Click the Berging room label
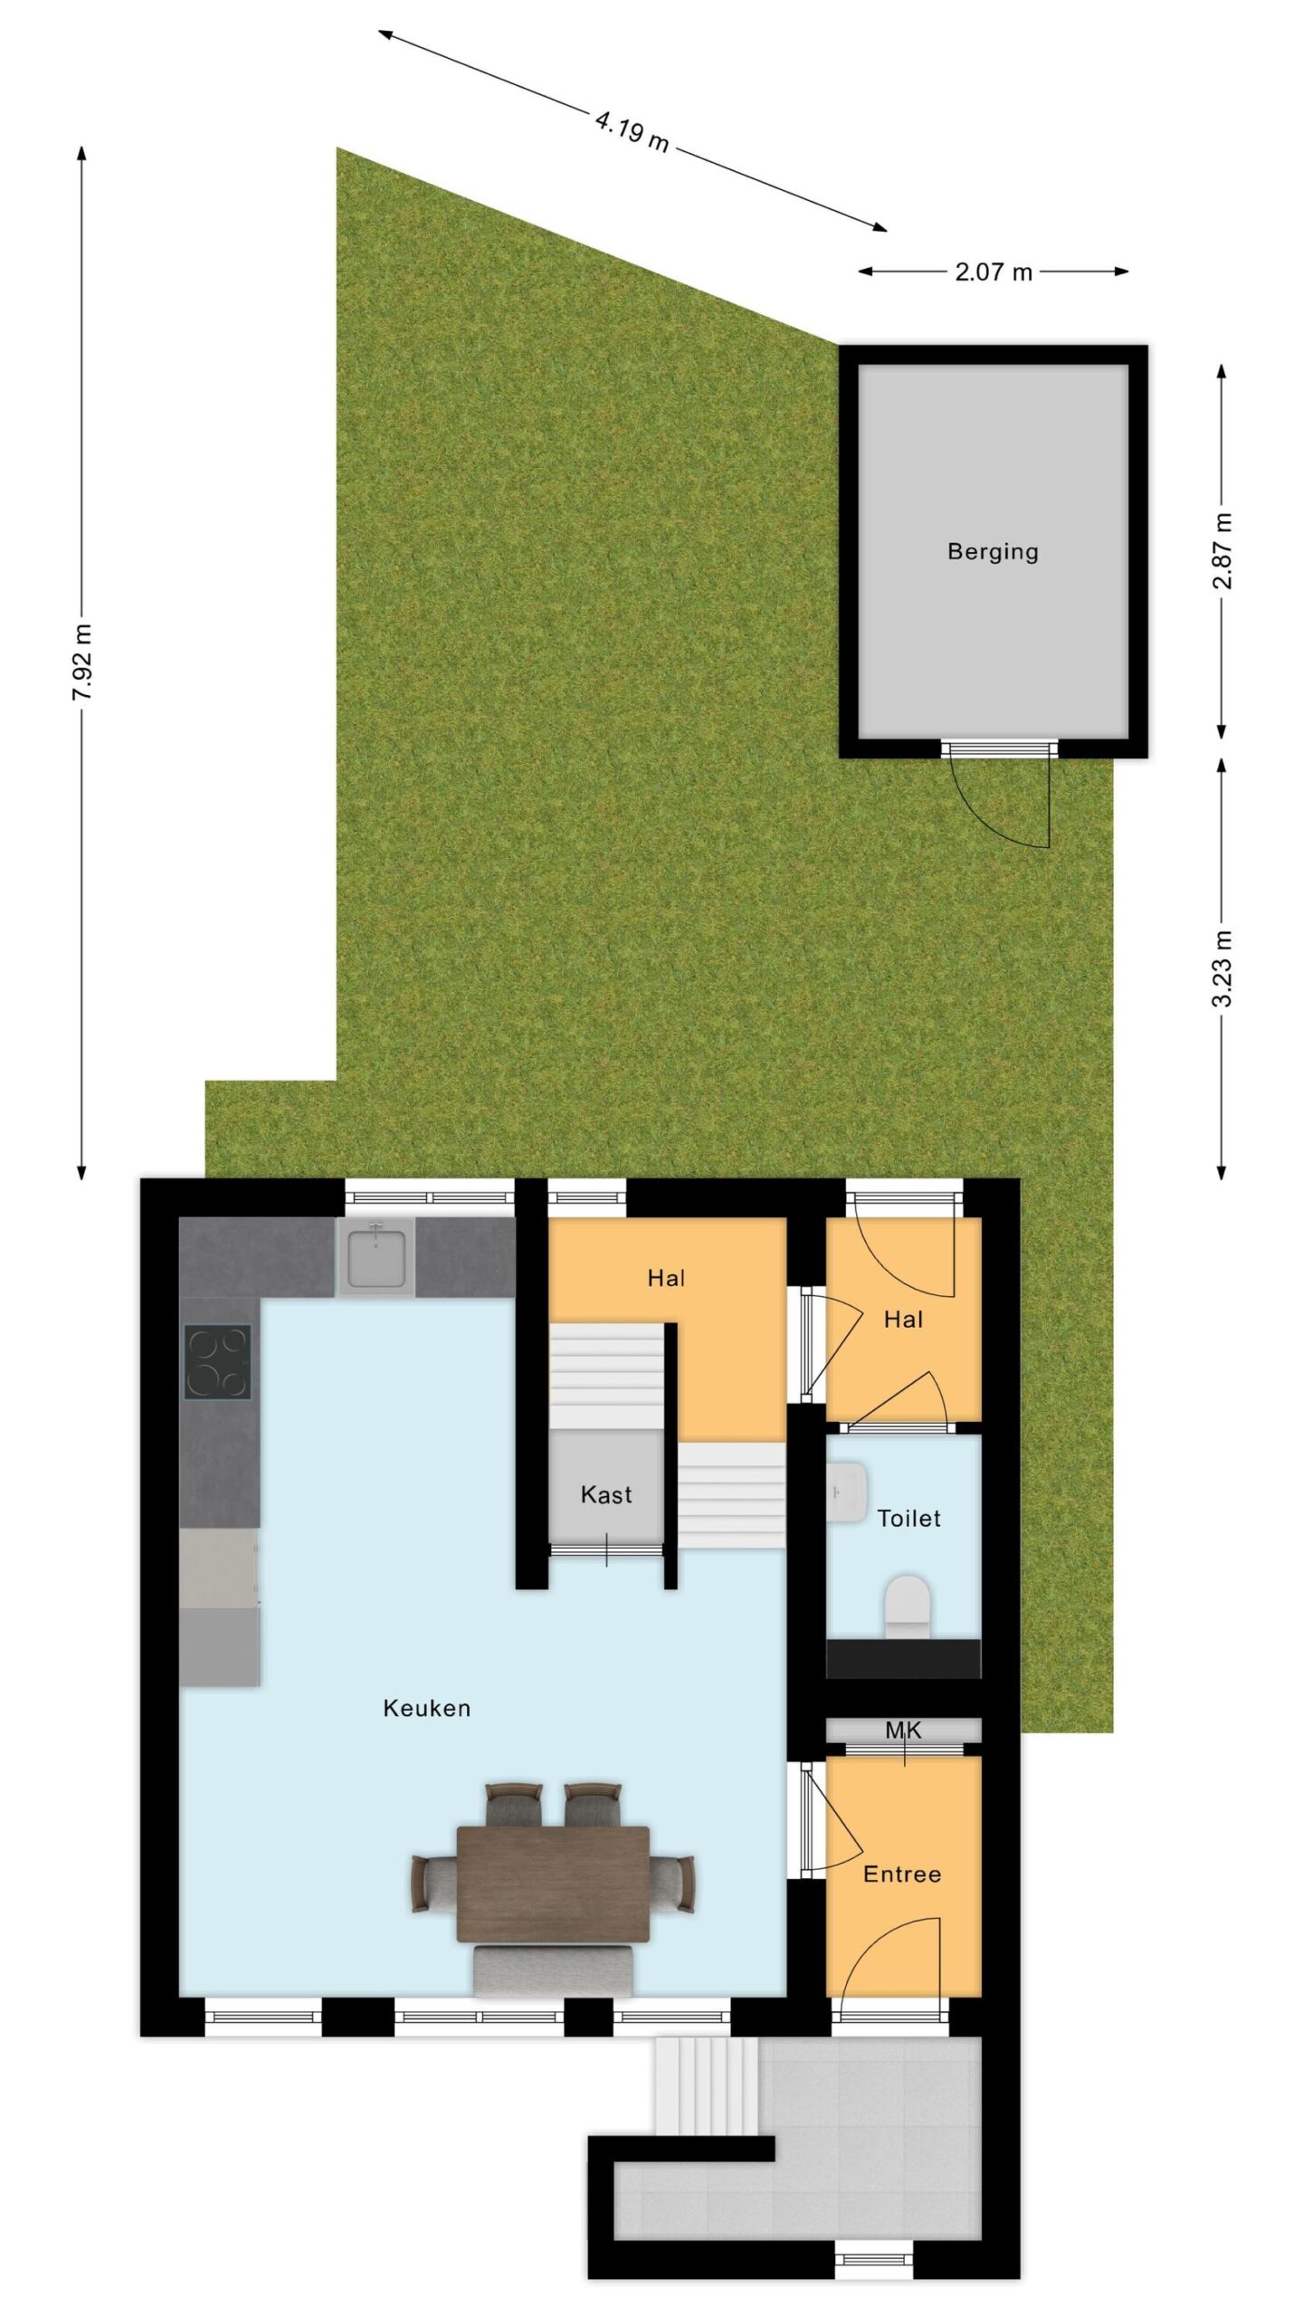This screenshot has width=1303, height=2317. pos(993,551)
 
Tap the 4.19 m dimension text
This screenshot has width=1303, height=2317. pos(632,132)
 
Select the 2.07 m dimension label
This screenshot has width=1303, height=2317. pos(994,272)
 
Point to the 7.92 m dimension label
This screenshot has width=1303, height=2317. pos(82,662)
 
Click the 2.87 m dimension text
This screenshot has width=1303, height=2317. pos(1222,550)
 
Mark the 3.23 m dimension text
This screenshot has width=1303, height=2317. pos(1222,968)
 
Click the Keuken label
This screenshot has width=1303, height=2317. pos(426,1708)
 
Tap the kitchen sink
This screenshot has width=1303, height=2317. pos(376,1254)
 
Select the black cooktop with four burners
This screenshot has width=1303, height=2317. pos(217,1362)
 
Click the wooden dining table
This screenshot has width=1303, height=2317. pos(553,1883)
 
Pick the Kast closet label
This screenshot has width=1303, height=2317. pos(606,1494)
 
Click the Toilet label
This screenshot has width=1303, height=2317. pos(908,1518)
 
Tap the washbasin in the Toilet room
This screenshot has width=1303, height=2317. pos(847,1491)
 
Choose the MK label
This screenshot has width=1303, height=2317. pos(903,1731)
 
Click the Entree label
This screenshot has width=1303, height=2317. pos(902,1874)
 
